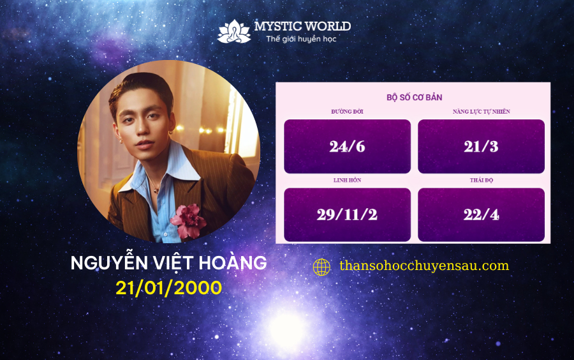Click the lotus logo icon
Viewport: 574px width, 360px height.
click(x=234, y=31)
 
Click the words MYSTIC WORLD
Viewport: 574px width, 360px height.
click(x=302, y=26)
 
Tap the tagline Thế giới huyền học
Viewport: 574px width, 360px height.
click(x=301, y=39)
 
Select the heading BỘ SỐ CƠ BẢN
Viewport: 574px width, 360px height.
click(x=415, y=98)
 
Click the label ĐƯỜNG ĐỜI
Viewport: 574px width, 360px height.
click(x=347, y=112)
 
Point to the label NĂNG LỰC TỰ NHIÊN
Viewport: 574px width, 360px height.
click(x=481, y=112)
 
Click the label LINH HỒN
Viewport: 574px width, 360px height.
click(x=347, y=180)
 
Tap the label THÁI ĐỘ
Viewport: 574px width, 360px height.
click(x=482, y=180)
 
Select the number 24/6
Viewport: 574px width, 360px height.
click(x=347, y=147)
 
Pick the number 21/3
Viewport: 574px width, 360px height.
click(x=481, y=147)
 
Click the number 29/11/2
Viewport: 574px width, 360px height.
click(x=347, y=214)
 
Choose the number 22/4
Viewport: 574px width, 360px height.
click(x=481, y=214)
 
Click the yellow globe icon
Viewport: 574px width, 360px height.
click(x=321, y=267)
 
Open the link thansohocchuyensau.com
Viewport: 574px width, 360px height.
click(x=424, y=266)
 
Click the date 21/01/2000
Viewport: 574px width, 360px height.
click(x=169, y=288)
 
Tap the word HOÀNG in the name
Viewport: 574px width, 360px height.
click(x=233, y=262)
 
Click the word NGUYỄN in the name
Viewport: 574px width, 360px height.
click(x=109, y=262)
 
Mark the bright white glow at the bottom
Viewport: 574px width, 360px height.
click(x=288, y=328)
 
